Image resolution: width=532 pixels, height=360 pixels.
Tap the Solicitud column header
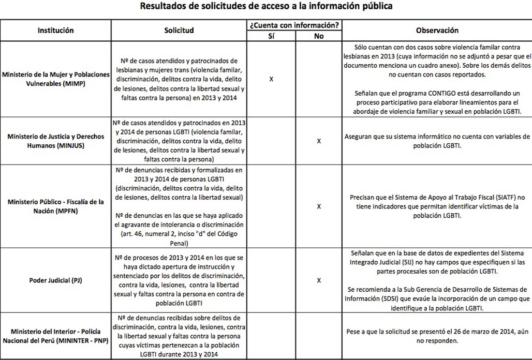click(x=179, y=31)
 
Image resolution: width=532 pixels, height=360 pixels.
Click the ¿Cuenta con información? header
click(x=294, y=25)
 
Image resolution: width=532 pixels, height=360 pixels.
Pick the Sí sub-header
click(x=271, y=37)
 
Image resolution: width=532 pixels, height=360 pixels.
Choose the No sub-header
click(x=319, y=37)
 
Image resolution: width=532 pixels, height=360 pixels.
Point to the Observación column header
click(x=437, y=31)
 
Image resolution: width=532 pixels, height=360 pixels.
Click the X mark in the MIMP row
click(x=271, y=79)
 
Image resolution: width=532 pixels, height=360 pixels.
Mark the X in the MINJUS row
click(x=319, y=141)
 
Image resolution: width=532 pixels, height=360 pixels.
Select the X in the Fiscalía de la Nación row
click(x=319, y=206)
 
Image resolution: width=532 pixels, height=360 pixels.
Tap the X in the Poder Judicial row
click(x=319, y=280)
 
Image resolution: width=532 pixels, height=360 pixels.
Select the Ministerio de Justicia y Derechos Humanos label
click(x=56, y=141)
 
